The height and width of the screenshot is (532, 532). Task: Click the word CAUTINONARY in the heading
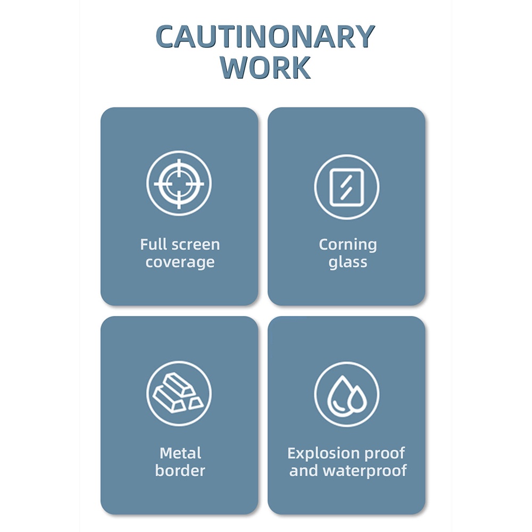click(x=265, y=37)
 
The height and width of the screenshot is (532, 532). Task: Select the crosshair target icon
click(x=179, y=184)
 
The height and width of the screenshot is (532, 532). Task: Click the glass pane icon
click(x=346, y=187)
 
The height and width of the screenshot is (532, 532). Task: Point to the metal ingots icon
click(x=179, y=394)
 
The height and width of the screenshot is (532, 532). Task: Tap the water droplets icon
click(x=346, y=394)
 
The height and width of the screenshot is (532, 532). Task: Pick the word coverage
click(x=180, y=262)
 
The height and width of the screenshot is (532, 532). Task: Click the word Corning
click(x=347, y=245)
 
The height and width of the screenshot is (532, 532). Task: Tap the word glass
click(x=347, y=262)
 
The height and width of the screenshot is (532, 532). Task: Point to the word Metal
click(x=180, y=453)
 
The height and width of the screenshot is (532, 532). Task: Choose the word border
click(x=180, y=471)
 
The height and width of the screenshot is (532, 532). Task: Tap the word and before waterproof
click(x=304, y=471)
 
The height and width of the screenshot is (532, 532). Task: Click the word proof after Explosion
click(x=384, y=454)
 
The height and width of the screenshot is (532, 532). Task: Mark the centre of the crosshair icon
click(x=179, y=184)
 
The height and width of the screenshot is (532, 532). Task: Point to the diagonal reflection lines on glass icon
click(x=346, y=187)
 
